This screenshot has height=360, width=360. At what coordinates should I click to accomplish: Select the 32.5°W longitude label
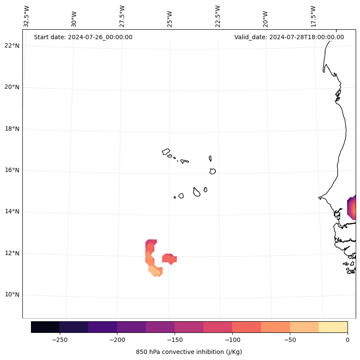coord(27,16)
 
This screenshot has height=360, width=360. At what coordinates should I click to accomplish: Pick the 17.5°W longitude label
coord(313,16)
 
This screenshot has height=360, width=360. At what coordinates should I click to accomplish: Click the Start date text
coord(83,37)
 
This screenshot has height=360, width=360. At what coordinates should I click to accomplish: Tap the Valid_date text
coord(289,37)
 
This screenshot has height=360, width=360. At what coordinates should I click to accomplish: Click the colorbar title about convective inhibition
coord(189,352)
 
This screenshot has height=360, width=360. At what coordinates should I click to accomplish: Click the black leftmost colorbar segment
coord(45,327)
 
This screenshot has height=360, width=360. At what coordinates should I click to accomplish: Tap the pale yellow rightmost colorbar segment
coord(333,327)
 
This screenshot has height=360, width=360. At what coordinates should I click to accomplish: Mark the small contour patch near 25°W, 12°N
coord(169,258)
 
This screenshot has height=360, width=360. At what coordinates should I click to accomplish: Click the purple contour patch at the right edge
coord(352,208)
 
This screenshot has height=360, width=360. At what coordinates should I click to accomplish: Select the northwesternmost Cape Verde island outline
coord(166,152)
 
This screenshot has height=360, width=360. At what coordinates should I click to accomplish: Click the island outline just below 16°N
coord(212,171)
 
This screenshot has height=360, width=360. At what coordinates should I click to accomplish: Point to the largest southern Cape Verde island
coord(197,192)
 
